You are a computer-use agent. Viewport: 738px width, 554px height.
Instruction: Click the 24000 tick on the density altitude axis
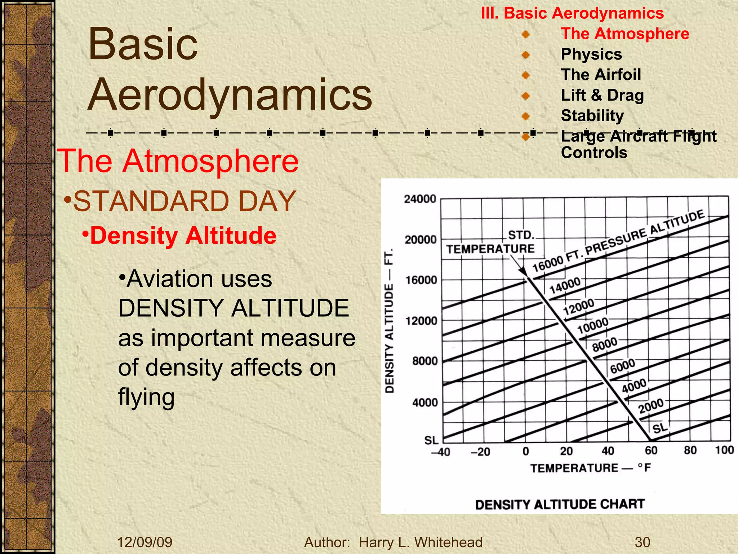pos(420,199)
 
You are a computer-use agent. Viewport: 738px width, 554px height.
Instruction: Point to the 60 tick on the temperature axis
pos(651,450)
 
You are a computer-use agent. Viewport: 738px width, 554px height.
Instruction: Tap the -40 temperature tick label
pos(440,452)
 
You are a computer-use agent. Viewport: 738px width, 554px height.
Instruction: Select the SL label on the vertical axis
pos(431,440)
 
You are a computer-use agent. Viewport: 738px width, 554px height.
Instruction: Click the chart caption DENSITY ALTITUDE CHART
pos(560,504)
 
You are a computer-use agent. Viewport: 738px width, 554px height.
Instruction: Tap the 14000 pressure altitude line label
pos(565,285)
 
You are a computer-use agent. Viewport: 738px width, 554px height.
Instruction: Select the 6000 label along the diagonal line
pos(622,366)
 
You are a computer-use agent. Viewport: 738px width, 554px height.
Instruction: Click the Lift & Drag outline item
pos(602,95)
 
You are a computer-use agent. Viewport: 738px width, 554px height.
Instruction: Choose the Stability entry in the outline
pos(592,116)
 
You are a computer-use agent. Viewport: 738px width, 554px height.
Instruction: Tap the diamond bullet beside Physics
pos(525,55)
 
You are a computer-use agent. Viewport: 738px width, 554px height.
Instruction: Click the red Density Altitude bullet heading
pos(183,236)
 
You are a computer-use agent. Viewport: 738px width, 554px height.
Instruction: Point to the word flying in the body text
pos(146,397)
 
